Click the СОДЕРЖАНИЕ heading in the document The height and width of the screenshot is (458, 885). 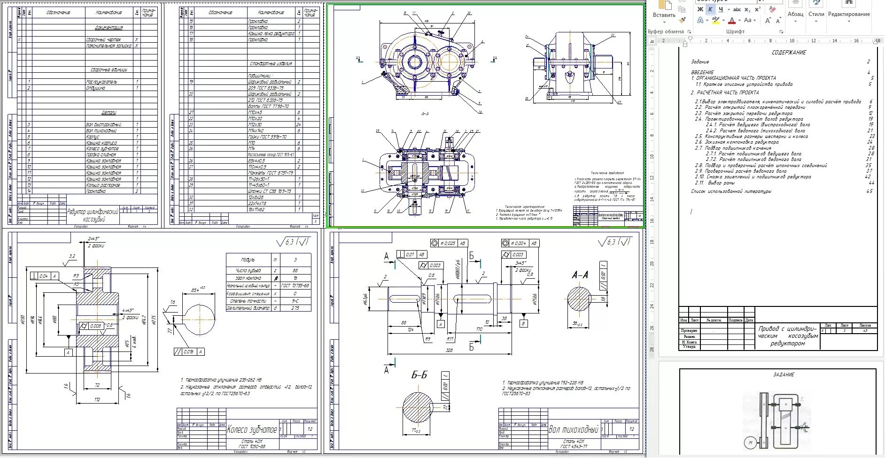pyautogui.click(x=789, y=53)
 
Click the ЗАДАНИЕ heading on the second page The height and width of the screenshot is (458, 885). pyautogui.click(x=784, y=374)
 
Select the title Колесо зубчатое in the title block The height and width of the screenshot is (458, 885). pyautogui.click(x=252, y=429)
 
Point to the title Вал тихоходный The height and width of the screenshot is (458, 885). pyautogui.click(x=574, y=429)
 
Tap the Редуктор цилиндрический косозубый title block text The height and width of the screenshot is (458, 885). pyautogui.click(x=93, y=215)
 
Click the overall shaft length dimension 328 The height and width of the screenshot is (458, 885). pyautogui.click(x=449, y=350)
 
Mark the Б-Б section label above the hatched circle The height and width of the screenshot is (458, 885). pyautogui.click(x=419, y=375)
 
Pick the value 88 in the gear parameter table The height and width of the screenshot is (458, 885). pyautogui.click(x=295, y=270)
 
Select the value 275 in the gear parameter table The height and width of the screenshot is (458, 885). pyautogui.click(x=295, y=308)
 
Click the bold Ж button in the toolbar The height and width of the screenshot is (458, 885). pyautogui.click(x=700, y=9)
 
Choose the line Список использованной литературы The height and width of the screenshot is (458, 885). pyautogui.click(x=731, y=191)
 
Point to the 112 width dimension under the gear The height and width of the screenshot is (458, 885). pyautogui.click(x=97, y=399)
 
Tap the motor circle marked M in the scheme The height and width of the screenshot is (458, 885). pyautogui.click(x=750, y=443)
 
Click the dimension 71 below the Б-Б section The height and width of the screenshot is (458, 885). pyautogui.click(x=415, y=430)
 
